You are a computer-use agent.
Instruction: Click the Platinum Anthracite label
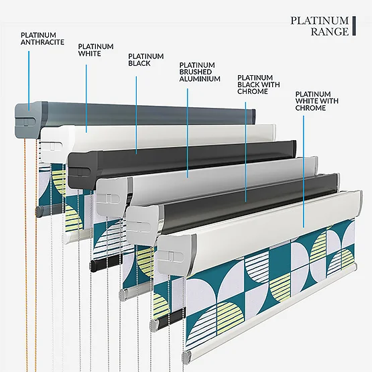tap(42, 39)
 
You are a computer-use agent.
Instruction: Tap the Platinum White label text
tap(96, 50)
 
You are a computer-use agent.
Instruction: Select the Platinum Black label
tap(146, 60)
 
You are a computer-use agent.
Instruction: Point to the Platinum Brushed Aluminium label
tap(200, 72)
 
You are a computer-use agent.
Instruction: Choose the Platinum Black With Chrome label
tap(259, 84)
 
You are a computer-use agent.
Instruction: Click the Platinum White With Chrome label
tap(317, 101)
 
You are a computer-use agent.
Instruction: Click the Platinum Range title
tap(320, 26)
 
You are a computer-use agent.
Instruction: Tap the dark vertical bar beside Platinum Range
tap(354, 26)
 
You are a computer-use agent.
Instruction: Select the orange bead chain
tap(30, 254)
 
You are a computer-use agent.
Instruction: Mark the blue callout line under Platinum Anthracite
tap(29, 80)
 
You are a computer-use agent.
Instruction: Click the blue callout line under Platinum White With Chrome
tap(304, 172)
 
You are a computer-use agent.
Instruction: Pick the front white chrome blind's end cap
tap(177, 255)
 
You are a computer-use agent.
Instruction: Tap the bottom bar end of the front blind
tap(187, 356)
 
